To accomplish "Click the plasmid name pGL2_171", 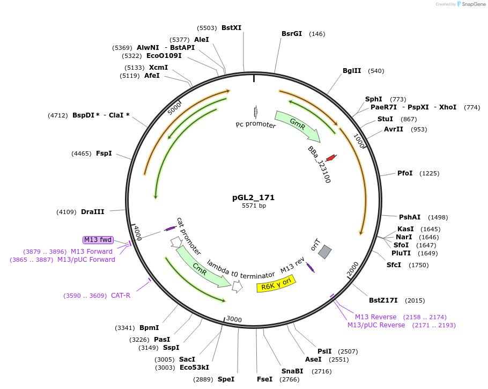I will tap(254, 197).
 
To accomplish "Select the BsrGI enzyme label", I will tap(292, 33).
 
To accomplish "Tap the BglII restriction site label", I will tap(352, 71).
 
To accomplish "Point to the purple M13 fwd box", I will tap(98, 240).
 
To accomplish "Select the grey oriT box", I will tap(324, 251).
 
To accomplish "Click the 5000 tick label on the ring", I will tap(174, 108).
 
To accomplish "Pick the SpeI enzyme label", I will tap(226, 379).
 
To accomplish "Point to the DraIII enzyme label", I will tap(92, 212).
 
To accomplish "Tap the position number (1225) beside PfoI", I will tap(430, 173).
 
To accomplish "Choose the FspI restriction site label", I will tap(104, 153).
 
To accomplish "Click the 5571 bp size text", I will tap(254, 205).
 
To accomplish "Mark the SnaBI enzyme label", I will tap(292, 371).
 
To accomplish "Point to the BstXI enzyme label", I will tap(232, 28).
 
